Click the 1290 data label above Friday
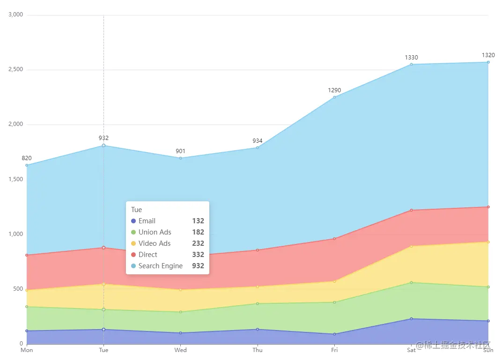pos(334,90)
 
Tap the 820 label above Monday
pos(27,158)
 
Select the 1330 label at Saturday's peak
pos(411,58)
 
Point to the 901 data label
pos(180,151)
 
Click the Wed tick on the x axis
pos(180,350)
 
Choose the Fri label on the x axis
pos(334,350)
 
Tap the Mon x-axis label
pos(27,350)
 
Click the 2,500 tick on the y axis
pos(15,70)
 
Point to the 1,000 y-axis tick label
pos(15,234)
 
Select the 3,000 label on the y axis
pos(15,15)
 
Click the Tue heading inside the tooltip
pos(136,210)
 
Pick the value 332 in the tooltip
pos(198,255)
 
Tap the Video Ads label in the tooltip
pos(155,243)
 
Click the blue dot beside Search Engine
pos(133,266)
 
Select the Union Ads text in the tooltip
pos(155,232)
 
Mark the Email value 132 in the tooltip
pos(198,221)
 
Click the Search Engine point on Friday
pos(334,97)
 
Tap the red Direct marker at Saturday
pos(411,210)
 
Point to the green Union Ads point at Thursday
pos(258,303)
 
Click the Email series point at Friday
pos(334,334)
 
